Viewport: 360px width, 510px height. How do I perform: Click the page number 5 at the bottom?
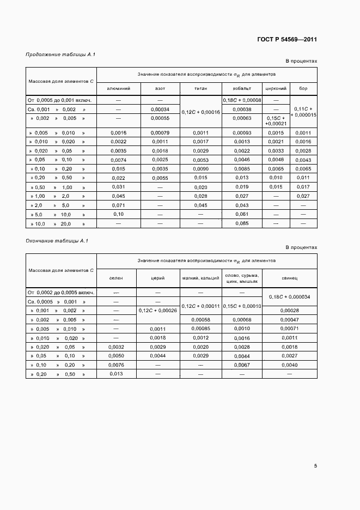315,465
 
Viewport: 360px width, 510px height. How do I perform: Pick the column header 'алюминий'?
118,88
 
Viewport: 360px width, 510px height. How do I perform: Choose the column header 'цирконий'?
276,88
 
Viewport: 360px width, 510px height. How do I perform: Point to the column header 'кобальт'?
242,88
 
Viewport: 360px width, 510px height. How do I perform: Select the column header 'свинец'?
290,278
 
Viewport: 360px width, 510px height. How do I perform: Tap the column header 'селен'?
116,278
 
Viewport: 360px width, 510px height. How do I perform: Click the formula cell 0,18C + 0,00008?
242,100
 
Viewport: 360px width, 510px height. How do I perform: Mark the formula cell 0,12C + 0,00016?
200,112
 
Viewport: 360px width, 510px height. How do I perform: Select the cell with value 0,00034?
160,109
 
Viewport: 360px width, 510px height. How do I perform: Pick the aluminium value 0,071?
118,205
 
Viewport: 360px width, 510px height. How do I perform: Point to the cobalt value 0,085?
242,223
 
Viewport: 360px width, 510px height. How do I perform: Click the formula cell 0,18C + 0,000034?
290,296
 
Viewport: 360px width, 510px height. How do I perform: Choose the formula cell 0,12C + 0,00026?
158,310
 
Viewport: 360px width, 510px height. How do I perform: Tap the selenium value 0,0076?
116,365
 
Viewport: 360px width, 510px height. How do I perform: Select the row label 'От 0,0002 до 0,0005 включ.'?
61,293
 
